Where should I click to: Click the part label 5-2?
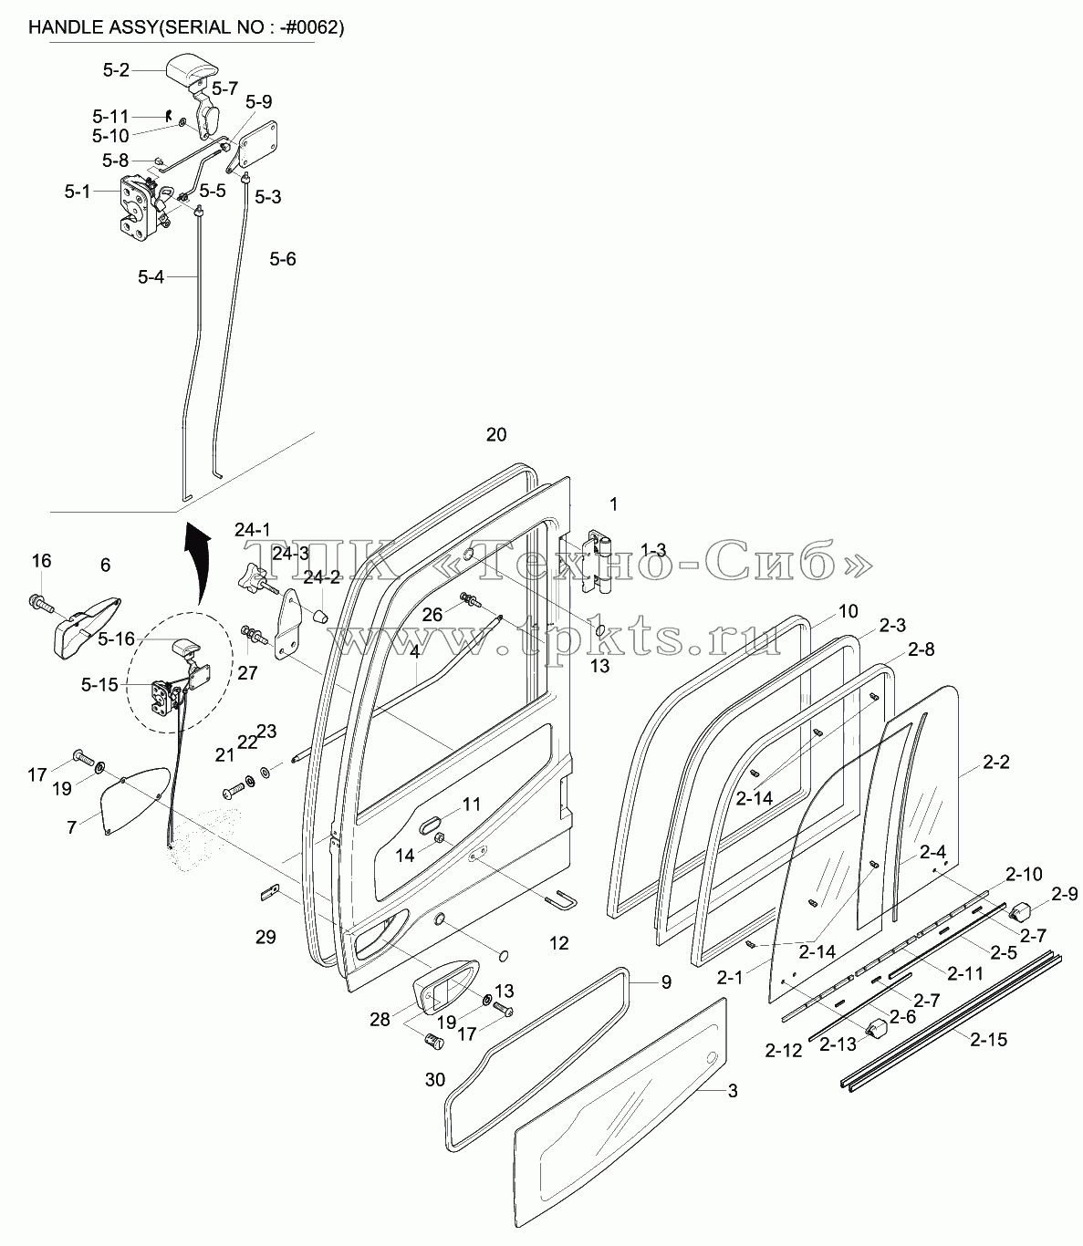[x=116, y=70]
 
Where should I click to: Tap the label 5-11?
[x=110, y=116]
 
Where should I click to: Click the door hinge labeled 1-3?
[x=598, y=561]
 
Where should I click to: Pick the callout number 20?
[x=495, y=435]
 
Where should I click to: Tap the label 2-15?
[x=989, y=1040]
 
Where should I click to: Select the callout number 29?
[x=266, y=937]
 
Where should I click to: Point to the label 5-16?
[x=116, y=639]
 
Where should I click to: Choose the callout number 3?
[x=733, y=1091]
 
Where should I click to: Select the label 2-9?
[x=1065, y=894]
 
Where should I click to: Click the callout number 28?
[x=380, y=1019]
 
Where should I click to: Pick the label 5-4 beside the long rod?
[x=151, y=277]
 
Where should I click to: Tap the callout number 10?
[x=849, y=611]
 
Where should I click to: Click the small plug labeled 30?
[x=433, y=1042]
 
